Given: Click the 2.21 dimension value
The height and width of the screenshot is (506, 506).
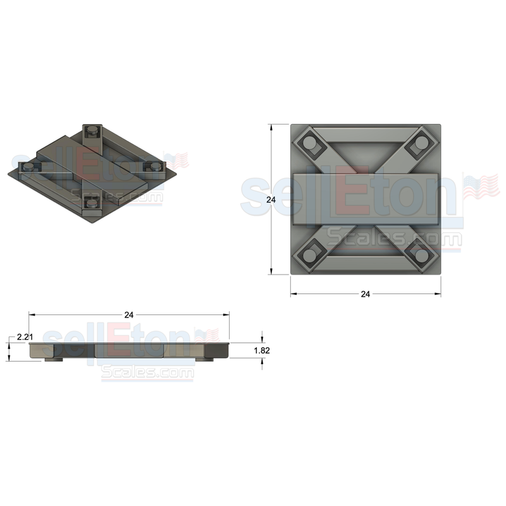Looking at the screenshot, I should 24,337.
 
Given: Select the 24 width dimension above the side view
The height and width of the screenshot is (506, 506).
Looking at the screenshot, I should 129,314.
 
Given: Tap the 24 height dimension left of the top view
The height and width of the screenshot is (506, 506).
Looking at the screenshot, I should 271,199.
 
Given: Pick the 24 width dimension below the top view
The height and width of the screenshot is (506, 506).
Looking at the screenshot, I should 365,294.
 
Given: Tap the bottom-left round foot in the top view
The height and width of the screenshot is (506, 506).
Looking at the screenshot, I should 310,255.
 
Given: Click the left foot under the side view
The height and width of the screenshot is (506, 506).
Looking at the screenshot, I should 53,361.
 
